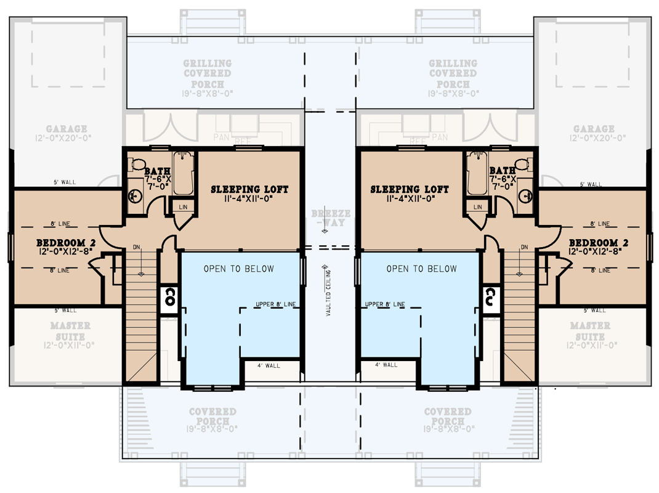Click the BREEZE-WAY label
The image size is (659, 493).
point(330,218)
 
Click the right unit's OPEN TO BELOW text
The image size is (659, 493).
point(421,269)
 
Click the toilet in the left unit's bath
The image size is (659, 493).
point(136,165)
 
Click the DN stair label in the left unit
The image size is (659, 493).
point(137,247)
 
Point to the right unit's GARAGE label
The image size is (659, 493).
point(594,129)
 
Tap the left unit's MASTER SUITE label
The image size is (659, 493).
point(70,330)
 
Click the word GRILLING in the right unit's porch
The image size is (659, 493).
point(453,63)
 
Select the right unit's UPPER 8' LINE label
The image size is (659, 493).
point(385,304)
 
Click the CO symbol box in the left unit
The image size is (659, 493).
point(169,298)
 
